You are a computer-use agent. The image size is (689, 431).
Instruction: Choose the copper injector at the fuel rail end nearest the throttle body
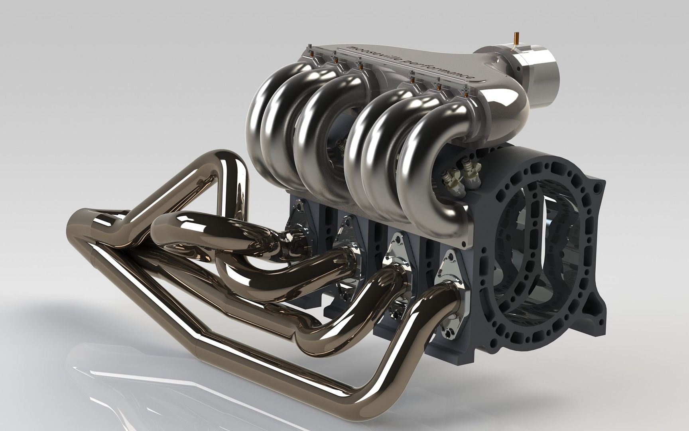click(467, 95)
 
